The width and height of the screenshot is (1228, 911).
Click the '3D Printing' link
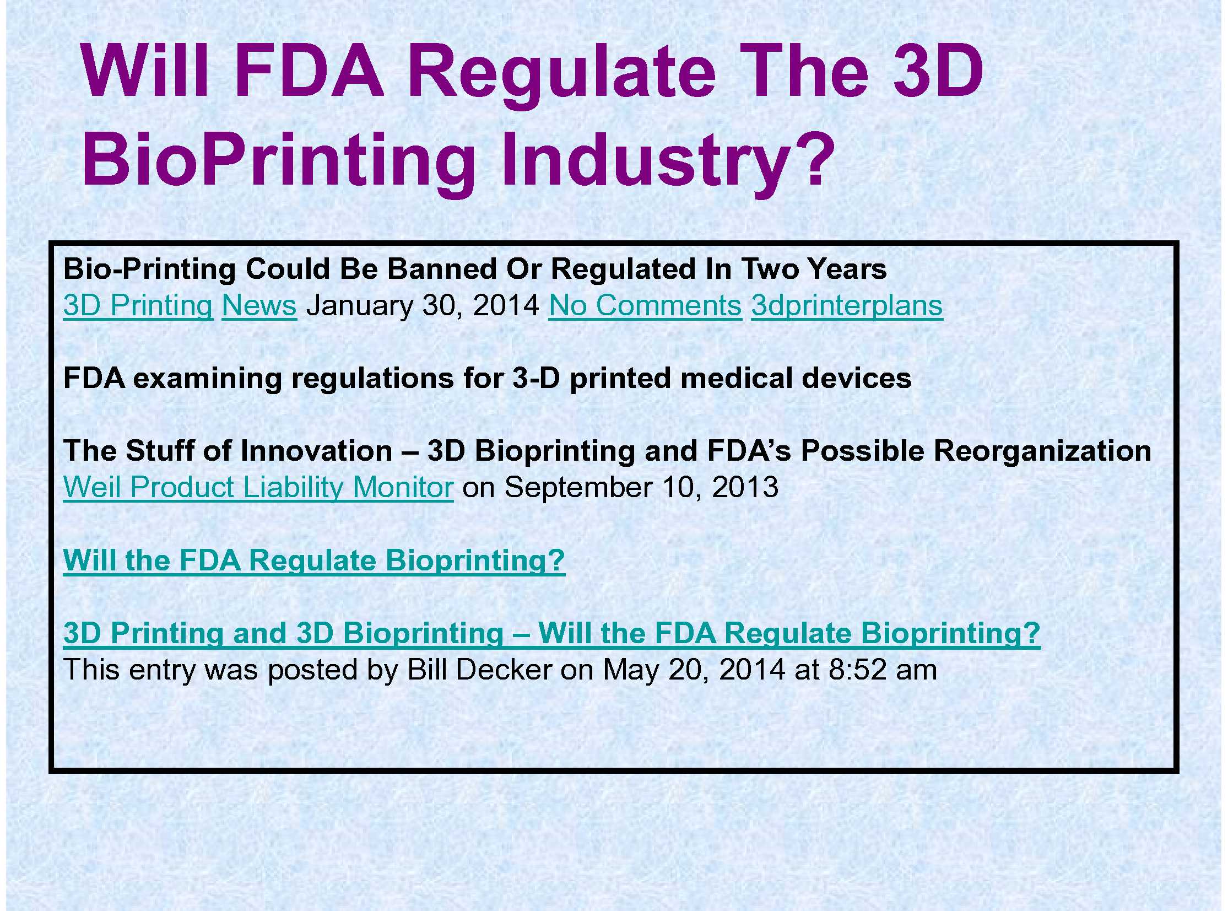pyautogui.click(x=138, y=306)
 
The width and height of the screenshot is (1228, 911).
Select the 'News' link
pyautogui.click(x=259, y=305)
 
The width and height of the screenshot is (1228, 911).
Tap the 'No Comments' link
pyautogui.click(x=645, y=305)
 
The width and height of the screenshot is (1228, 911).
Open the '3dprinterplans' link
pyautogui.click(x=847, y=306)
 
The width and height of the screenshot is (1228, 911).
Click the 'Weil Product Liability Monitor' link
pyautogui.click(x=258, y=488)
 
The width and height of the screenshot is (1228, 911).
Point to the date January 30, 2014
pyautogui.click(x=423, y=306)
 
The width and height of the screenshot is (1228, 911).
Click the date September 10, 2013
pyautogui.click(x=641, y=488)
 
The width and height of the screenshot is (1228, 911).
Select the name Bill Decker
pyautogui.click(x=479, y=670)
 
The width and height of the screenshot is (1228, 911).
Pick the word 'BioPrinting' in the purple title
pyautogui.click(x=278, y=160)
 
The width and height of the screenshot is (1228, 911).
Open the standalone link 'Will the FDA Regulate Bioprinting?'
pyautogui.click(x=314, y=561)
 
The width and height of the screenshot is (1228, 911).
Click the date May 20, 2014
pyautogui.click(x=694, y=671)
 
